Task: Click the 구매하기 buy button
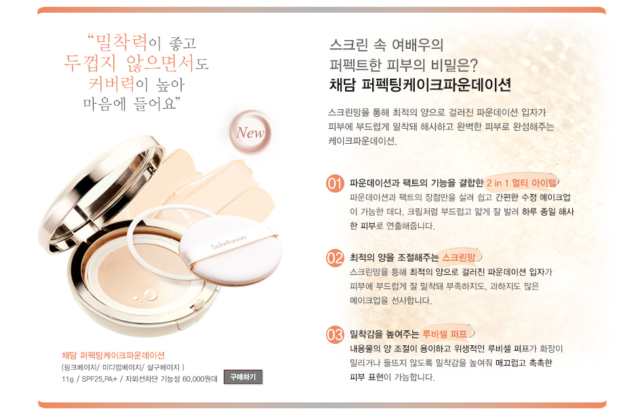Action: click(243, 377)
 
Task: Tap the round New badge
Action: click(250, 132)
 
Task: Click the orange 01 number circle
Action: click(335, 183)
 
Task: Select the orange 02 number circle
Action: click(335, 258)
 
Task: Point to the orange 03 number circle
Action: click(335, 334)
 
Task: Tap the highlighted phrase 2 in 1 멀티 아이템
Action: click(521, 182)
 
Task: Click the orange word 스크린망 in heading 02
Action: click(458, 257)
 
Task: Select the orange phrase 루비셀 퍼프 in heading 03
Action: click(445, 334)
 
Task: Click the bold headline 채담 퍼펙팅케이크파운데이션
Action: click(420, 85)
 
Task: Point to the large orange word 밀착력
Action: click(121, 42)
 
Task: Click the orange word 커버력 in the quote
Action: click(112, 84)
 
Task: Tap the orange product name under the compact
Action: click(113, 355)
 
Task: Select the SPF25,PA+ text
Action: click(100, 378)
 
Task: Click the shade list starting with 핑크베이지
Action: click(123, 367)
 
